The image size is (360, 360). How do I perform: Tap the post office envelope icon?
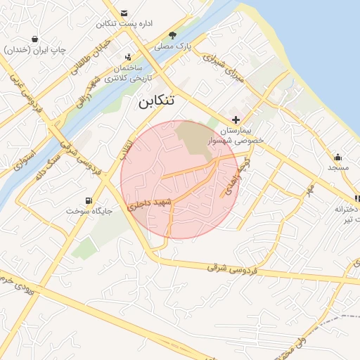(124, 13)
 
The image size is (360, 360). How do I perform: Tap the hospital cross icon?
(236, 120)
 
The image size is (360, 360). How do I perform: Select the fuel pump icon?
(89, 200)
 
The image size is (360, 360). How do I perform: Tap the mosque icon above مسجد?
(337, 157)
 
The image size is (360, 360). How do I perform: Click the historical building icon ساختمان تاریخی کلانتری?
(128, 57)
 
